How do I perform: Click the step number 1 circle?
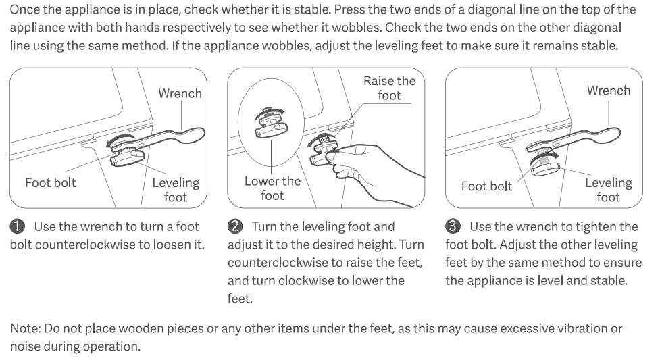[x=18, y=226]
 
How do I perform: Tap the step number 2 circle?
[x=235, y=226]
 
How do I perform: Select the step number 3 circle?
[x=453, y=226]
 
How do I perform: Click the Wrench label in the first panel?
[x=180, y=93]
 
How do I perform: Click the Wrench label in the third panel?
[x=609, y=91]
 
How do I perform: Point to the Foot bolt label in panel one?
[x=51, y=183]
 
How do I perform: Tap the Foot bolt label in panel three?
[x=486, y=186]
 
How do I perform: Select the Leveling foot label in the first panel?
[x=176, y=190]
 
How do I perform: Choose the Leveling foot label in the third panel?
[x=609, y=190]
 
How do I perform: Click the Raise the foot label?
[x=389, y=88]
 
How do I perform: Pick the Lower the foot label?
[x=272, y=188]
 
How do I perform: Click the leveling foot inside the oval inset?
[x=272, y=128]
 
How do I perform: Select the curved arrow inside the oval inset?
[x=270, y=111]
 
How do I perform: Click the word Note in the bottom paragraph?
[x=25, y=328]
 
